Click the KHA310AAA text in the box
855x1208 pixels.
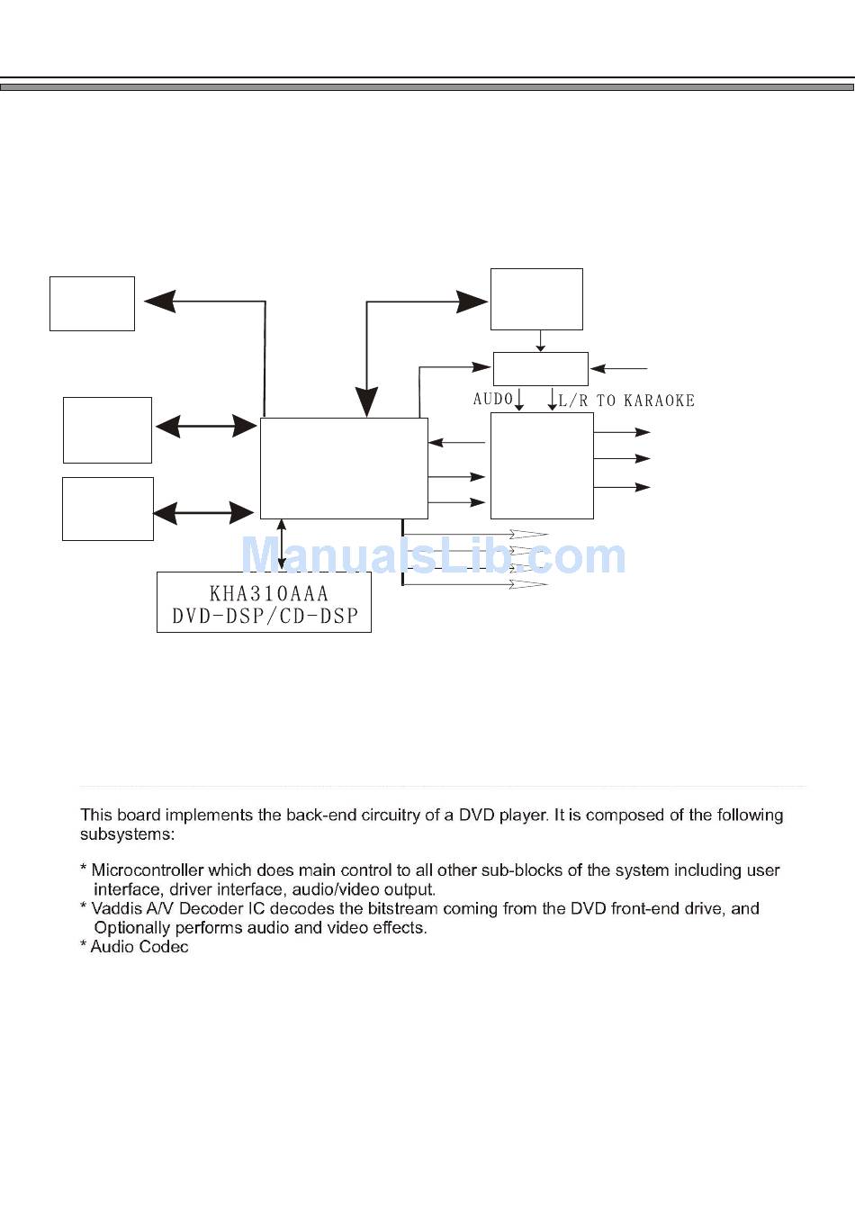point(268,594)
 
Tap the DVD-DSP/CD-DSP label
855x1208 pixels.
point(265,617)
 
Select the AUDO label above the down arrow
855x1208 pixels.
point(492,399)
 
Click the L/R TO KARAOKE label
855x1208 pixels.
point(626,401)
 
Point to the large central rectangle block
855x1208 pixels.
point(344,468)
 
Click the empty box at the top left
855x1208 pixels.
point(92,304)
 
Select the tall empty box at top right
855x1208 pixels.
point(536,299)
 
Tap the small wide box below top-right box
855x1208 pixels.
point(540,369)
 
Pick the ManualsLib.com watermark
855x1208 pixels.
point(434,556)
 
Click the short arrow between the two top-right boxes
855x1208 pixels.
point(540,341)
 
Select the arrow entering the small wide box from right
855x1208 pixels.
point(619,368)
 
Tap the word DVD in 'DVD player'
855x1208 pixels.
point(477,816)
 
